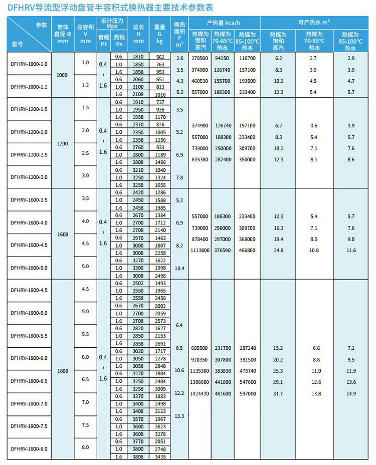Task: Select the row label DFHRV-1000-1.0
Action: click(x=29, y=64)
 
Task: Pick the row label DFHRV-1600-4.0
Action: click(x=29, y=222)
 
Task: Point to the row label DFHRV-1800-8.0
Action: click(x=29, y=448)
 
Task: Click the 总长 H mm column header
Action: click(x=139, y=34)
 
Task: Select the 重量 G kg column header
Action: click(x=160, y=34)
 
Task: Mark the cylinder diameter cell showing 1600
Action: click(x=62, y=234)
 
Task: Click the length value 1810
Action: click(x=139, y=57)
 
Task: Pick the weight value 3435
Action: click(x=160, y=457)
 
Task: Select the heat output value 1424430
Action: click(x=199, y=394)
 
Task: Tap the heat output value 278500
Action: click(x=199, y=58)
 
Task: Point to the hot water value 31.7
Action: click(x=278, y=394)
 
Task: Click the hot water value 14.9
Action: click(x=351, y=394)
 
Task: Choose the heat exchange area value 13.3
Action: click(x=179, y=416)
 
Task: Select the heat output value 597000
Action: click(x=248, y=394)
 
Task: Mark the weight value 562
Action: click(x=160, y=57)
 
